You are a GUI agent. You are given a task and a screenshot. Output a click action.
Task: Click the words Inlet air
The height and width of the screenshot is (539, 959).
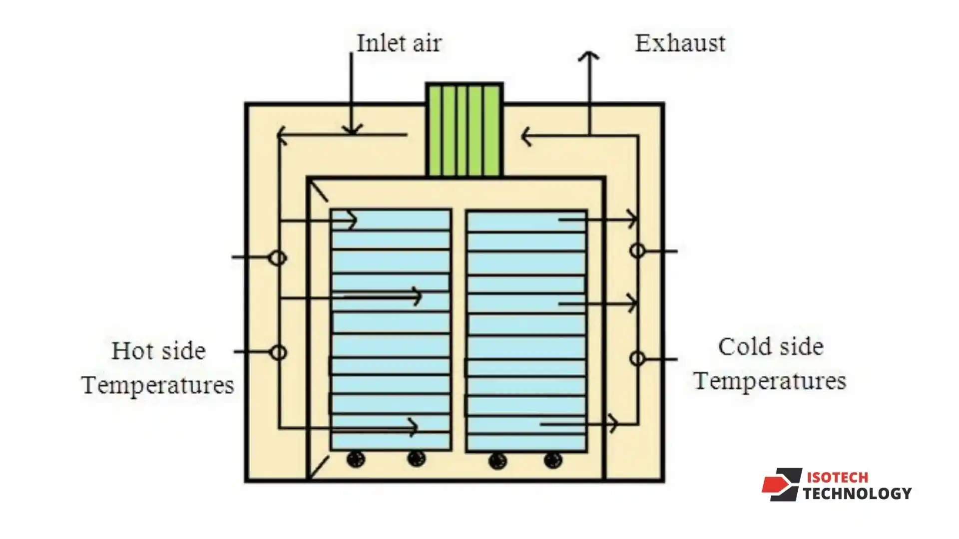tap(399, 43)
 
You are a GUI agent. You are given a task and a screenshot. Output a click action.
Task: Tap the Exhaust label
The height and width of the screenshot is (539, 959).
tap(680, 43)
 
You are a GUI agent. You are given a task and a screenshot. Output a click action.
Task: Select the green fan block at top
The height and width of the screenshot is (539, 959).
tap(464, 130)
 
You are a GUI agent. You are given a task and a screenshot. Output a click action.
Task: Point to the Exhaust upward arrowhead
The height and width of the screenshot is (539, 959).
tap(589, 55)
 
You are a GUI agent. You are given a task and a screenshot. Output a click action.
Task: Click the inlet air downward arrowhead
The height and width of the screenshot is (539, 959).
tap(352, 130)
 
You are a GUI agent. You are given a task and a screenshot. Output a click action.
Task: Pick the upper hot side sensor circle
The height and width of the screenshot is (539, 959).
tap(278, 258)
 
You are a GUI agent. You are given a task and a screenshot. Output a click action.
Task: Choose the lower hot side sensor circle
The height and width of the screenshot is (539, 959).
tap(278, 353)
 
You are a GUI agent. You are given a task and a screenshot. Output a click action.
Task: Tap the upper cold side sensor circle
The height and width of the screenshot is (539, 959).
tap(637, 251)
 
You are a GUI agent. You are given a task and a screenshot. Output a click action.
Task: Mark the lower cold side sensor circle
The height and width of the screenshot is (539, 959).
tap(637, 358)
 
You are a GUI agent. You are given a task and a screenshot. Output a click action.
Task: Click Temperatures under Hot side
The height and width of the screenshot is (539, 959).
tap(158, 385)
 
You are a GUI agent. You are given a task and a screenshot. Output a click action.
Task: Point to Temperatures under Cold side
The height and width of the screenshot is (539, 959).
tap(770, 381)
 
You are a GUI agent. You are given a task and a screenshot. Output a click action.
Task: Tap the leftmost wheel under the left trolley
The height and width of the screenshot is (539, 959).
tap(356, 459)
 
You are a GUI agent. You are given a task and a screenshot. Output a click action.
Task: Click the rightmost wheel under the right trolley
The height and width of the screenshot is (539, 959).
tap(553, 460)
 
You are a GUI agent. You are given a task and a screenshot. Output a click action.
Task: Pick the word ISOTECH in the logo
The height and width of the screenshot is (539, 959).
tap(837, 478)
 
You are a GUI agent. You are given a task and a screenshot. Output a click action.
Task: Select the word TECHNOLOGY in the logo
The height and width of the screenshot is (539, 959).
tap(857, 494)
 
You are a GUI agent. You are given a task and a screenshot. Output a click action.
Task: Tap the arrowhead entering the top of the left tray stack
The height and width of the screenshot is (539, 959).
tap(353, 220)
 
